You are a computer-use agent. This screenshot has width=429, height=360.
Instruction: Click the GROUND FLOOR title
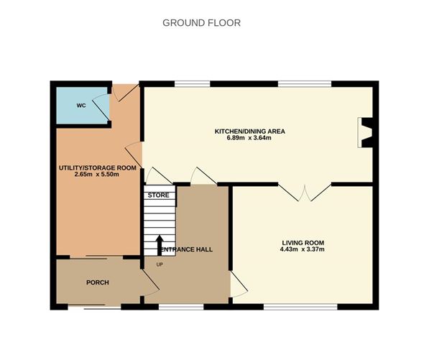click(201, 23)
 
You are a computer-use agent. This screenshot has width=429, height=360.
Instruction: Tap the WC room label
click(81, 106)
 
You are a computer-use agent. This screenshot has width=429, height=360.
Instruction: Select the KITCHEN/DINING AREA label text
click(250, 131)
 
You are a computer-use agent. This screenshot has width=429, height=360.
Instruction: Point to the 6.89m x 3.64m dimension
click(250, 138)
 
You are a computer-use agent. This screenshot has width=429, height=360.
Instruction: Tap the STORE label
click(158, 195)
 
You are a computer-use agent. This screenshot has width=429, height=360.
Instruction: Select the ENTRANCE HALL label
click(187, 249)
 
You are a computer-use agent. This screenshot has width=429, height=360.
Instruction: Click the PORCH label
click(97, 282)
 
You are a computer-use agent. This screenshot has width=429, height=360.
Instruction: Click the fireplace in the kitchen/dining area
click(366, 133)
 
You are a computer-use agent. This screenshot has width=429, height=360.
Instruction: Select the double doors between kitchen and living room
click(305, 191)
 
